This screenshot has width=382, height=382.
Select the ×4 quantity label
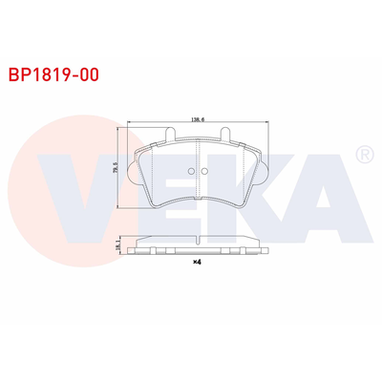(x=196, y=262)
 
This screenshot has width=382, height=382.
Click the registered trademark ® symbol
(x=363, y=154)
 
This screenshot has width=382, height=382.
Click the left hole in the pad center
(x=189, y=172)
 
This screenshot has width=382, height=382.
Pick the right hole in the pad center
(x=202, y=172)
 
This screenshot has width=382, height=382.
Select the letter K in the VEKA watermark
(x=250, y=196)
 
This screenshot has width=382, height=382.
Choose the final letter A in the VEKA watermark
(x=325, y=196)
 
